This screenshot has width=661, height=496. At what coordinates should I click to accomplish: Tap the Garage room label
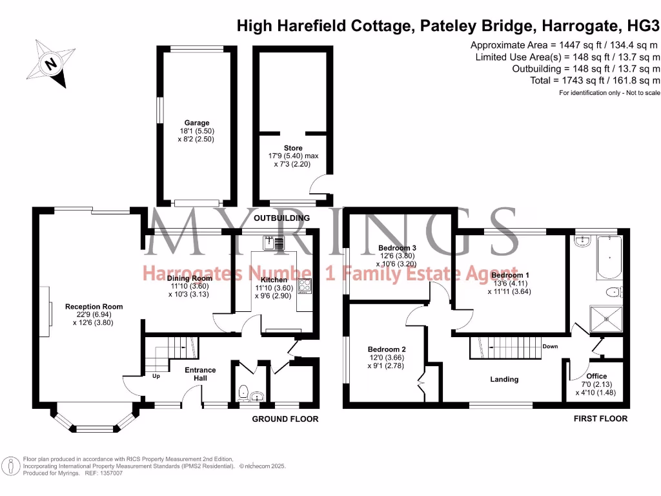[x=197, y=123]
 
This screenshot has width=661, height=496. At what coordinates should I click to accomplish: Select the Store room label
[x=293, y=148]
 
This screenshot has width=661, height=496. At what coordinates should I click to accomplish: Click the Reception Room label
[x=94, y=307]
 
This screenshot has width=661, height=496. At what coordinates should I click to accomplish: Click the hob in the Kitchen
[x=305, y=287]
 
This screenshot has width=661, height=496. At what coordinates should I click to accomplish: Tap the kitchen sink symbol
[x=274, y=243]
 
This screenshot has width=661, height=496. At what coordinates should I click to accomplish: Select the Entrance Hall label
[x=200, y=374]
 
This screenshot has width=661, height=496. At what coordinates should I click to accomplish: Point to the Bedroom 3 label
[x=397, y=248]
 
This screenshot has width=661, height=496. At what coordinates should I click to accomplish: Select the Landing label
[x=504, y=379]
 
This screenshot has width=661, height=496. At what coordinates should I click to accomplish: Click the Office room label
[x=596, y=376]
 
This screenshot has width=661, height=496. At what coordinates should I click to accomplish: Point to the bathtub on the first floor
[x=610, y=258]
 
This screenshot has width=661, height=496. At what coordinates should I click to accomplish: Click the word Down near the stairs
[x=550, y=346]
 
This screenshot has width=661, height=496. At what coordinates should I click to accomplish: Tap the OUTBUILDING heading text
[x=281, y=218]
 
